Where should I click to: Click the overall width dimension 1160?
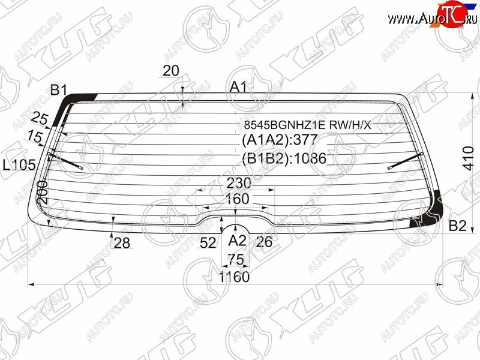pos(235,277)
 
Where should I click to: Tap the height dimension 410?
pos(469,158)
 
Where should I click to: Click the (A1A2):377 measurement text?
pos(280,140)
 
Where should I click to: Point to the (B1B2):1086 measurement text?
pos(284,158)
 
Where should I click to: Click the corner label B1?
pos(59,90)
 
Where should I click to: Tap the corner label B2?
pos(457,226)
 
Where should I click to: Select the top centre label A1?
pos(238,87)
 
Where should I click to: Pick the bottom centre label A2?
pos(237,241)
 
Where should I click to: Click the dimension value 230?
pos(239,183)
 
